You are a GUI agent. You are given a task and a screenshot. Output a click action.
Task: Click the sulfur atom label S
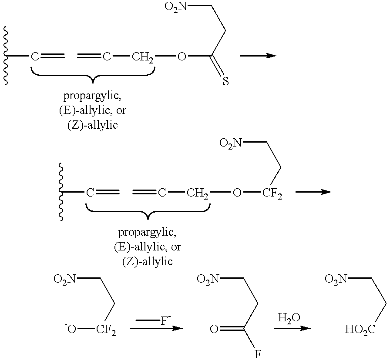click(x=225, y=81)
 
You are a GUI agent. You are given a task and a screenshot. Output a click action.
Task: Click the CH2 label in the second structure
click(x=198, y=193)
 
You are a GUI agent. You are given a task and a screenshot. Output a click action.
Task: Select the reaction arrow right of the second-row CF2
click(x=313, y=192)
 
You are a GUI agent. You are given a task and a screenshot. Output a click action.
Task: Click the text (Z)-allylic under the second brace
click(x=147, y=261)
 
